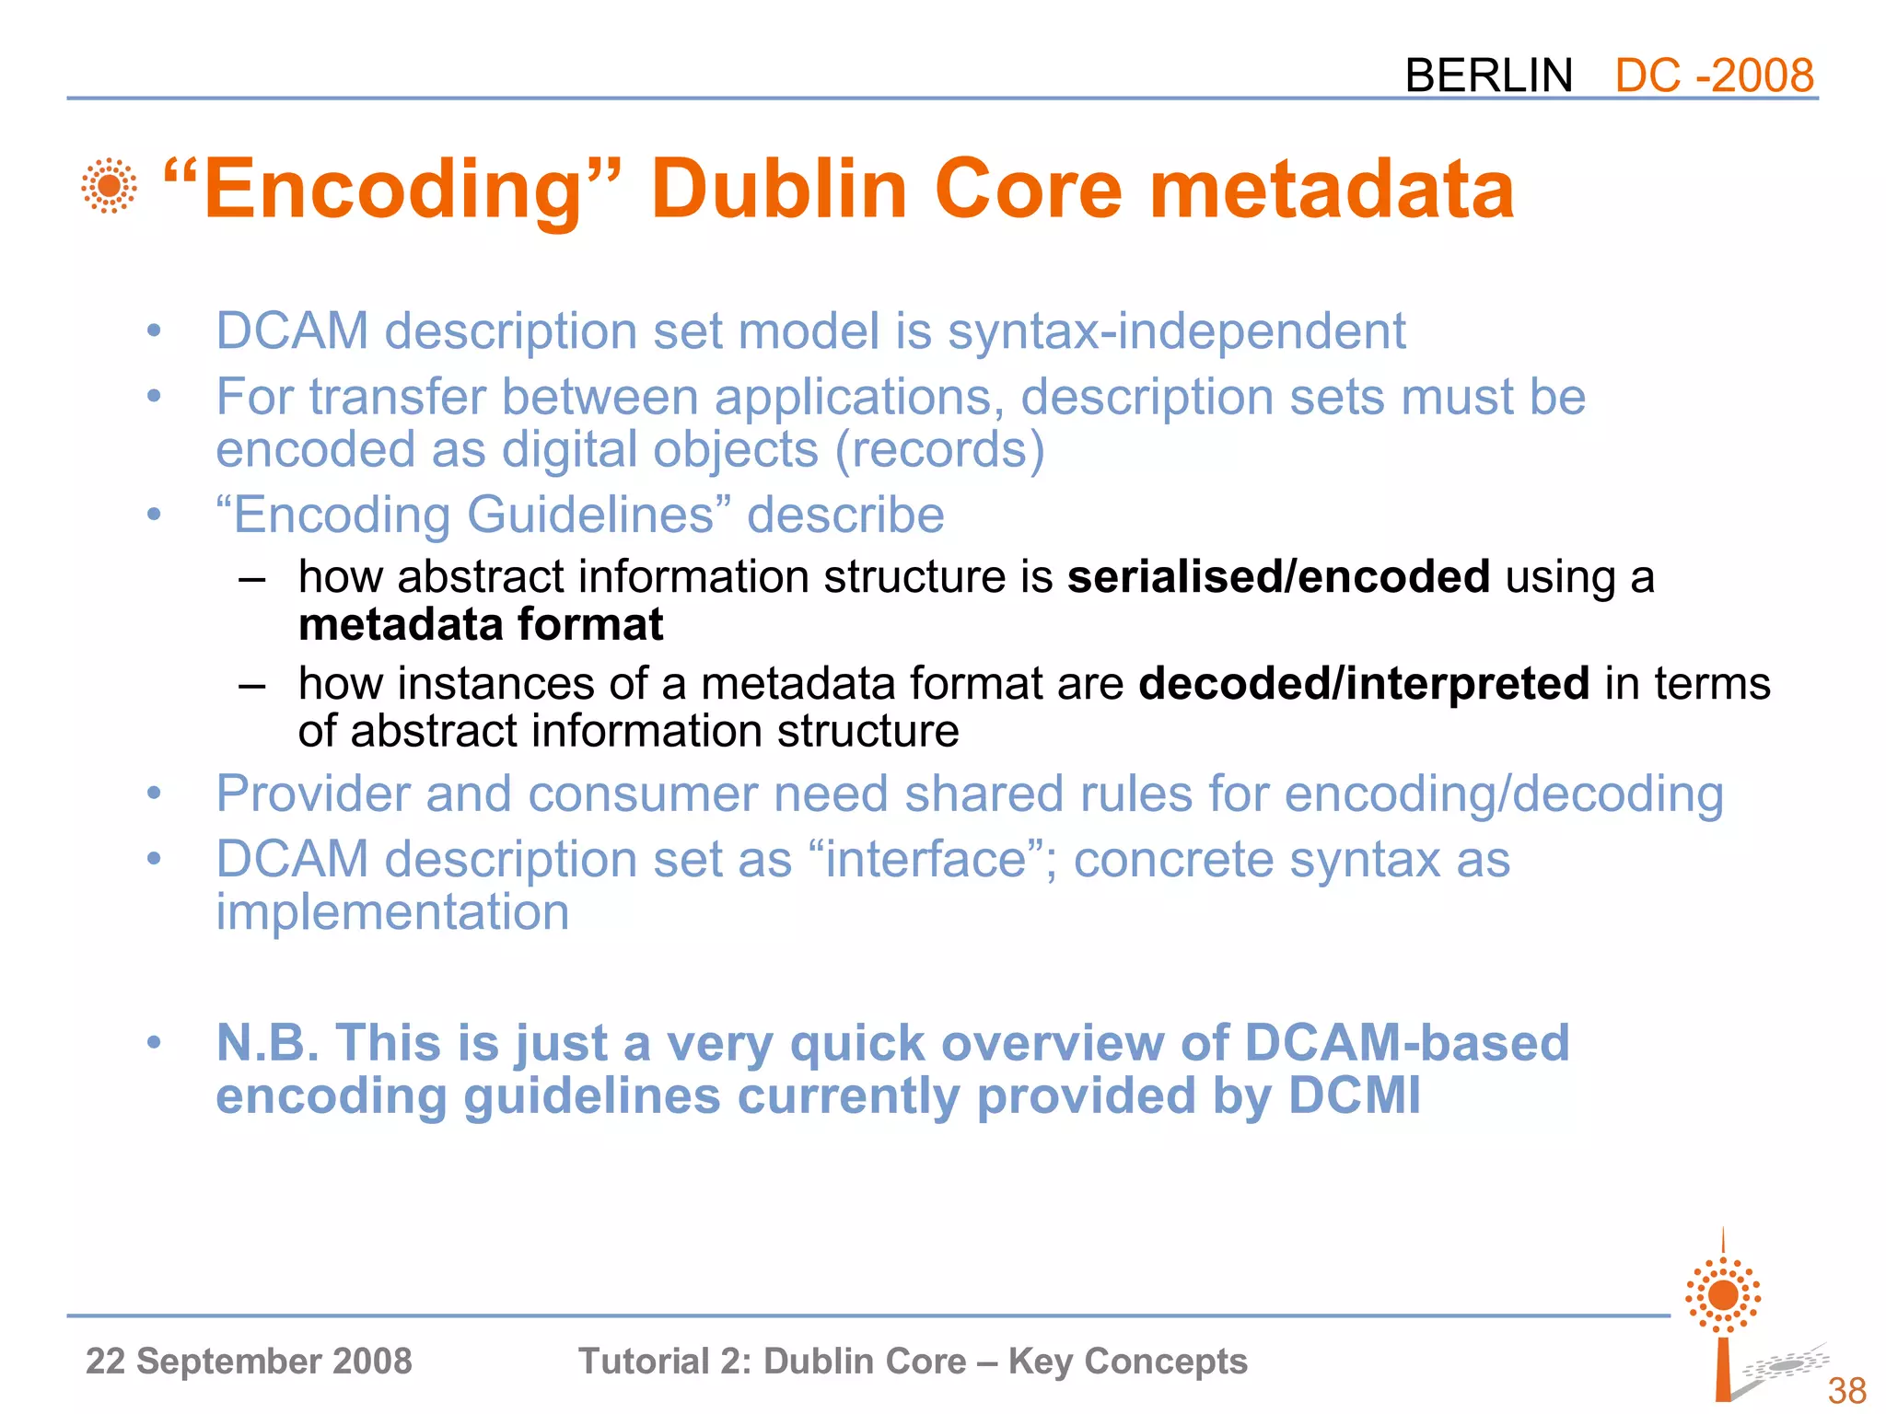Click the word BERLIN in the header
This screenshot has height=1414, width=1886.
coord(1488,75)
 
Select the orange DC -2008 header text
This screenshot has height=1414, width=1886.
coord(1714,75)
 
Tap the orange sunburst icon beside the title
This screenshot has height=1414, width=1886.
coord(109,186)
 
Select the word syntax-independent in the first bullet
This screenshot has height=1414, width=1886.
coord(1176,330)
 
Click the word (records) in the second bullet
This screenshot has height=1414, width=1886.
coord(939,449)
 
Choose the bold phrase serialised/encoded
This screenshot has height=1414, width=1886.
coord(1278,577)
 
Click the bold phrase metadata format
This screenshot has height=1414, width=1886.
coord(481,625)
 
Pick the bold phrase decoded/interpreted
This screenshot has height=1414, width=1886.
coord(1364,684)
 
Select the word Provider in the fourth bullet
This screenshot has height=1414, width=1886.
coord(312,794)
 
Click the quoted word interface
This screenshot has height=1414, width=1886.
coord(926,859)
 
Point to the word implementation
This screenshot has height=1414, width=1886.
coord(392,912)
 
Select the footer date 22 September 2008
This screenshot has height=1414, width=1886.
coord(249,1361)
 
